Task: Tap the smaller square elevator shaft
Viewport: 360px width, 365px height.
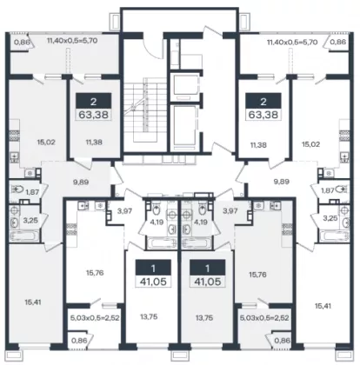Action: (x=184, y=86)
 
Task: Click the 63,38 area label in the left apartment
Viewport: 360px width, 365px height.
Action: (x=94, y=115)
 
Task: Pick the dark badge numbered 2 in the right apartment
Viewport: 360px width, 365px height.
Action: (x=263, y=102)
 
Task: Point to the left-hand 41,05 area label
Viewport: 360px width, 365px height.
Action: (x=153, y=282)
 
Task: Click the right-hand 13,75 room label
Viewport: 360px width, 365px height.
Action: (x=204, y=318)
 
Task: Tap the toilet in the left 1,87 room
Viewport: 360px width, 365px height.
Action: (x=17, y=189)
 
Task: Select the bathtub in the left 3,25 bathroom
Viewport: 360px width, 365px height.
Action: (x=24, y=236)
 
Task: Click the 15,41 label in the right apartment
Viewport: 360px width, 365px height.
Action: (x=323, y=306)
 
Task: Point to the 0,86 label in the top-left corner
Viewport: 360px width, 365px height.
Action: (x=22, y=42)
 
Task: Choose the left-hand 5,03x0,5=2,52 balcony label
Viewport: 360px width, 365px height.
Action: (x=95, y=318)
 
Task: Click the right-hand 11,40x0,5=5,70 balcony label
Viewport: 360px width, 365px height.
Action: (x=292, y=43)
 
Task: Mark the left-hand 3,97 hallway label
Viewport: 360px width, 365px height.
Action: (x=124, y=211)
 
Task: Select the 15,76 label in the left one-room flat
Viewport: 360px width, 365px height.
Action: (x=95, y=273)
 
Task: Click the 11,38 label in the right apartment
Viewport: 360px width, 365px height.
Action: (x=258, y=145)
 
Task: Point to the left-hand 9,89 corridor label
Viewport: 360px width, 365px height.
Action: (x=81, y=182)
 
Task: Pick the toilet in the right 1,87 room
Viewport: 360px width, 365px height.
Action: (x=343, y=189)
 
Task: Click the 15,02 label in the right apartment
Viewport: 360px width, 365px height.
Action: (x=310, y=144)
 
